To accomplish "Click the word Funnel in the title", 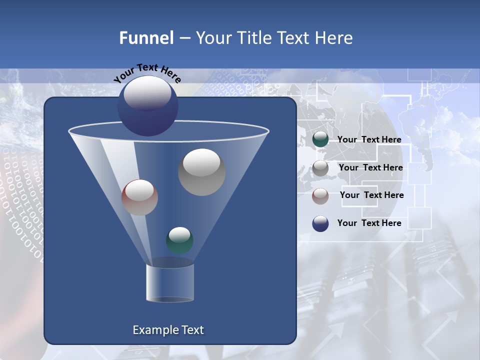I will click(x=146, y=38).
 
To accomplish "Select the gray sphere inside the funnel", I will click(x=201, y=172).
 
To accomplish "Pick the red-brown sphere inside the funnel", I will click(x=139, y=197).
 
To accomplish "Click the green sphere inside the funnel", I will click(x=179, y=240).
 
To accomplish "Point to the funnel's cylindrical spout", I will click(x=169, y=282).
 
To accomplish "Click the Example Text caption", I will click(x=168, y=330).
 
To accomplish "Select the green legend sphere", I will click(x=320, y=140).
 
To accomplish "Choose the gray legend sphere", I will click(x=320, y=168).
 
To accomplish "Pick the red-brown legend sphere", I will click(x=320, y=195).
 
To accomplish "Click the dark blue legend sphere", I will click(x=320, y=223).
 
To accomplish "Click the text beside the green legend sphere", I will click(x=369, y=140).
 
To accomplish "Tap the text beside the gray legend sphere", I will click(x=370, y=168).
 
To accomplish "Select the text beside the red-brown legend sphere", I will click(x=371, y=195).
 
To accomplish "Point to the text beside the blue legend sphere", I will click(x=369, y=223).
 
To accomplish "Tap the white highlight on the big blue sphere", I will click(x=147, y=94).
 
